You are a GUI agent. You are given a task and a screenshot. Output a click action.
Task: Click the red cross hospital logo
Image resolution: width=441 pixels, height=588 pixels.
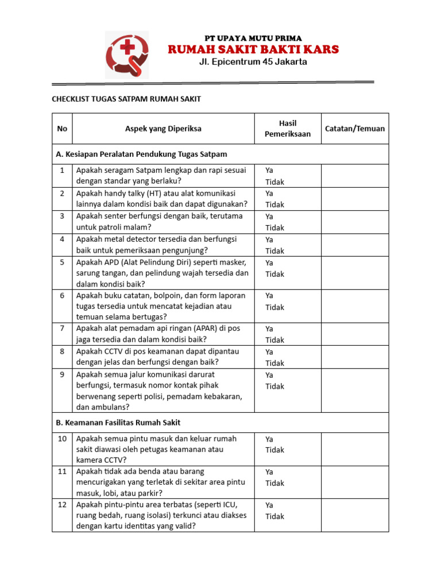click(x=127, y=54)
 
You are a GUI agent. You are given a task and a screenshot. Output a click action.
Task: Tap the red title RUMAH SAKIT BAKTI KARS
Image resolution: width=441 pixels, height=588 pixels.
click(x=253, y=49)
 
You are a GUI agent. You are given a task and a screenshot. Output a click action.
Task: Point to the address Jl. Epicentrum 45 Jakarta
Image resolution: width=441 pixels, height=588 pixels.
click(x=253, y=62)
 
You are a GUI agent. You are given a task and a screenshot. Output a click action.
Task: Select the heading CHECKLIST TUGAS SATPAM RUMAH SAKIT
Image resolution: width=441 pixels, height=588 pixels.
click(x=126, y=99)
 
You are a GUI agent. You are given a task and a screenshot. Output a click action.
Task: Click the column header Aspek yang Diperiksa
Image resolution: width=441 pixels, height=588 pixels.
click(x=163, y=129)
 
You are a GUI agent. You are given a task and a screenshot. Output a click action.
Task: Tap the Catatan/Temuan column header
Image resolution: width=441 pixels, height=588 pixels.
click(x=354, y=129)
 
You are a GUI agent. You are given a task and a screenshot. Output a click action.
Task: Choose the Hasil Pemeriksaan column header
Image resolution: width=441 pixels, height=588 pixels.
click(x=287, y=129)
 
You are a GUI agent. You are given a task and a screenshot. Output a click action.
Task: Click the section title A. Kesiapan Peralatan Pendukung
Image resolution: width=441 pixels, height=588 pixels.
click(x=141, y=154)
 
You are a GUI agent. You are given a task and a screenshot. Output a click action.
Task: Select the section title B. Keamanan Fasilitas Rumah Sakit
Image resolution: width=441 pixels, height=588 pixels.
click(x=118, y=423)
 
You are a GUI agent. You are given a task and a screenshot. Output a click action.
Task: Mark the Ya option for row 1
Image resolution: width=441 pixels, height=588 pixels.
click(x=269, y=171)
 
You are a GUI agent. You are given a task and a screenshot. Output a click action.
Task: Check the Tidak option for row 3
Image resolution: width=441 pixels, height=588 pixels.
click(x=274, y=228)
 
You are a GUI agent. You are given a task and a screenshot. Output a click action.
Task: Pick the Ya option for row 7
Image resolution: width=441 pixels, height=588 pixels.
click(x=269, y=328)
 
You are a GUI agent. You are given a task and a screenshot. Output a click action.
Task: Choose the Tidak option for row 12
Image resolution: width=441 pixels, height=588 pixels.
click(x=274, y=516)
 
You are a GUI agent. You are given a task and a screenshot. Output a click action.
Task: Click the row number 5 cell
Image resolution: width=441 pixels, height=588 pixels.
click(x=61, y=262)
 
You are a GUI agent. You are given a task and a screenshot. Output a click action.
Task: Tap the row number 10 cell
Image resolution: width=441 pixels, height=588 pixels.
click(x=61, y=438)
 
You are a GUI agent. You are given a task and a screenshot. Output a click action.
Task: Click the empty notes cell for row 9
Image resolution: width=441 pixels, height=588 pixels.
click(x=354, y=390)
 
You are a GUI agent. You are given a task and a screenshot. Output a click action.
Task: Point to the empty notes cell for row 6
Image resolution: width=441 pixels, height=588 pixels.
click(x=354, y=306)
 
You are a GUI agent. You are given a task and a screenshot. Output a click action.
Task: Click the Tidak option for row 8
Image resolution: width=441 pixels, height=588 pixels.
click(x=274, y=363)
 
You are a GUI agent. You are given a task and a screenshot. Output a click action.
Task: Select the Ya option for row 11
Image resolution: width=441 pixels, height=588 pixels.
click(x=269, y=471)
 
